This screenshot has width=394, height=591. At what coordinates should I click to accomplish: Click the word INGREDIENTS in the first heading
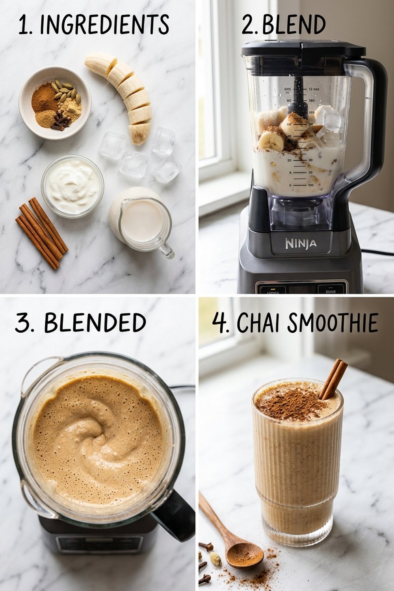coord(104,25)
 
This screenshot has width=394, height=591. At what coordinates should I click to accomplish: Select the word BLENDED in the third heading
coord(95,323)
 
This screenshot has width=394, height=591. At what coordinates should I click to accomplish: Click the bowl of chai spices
coord(55,102)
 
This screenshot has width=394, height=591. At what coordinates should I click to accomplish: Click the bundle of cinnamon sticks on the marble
coord(41,232)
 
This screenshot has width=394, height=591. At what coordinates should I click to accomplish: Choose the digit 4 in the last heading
coord(219,323)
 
